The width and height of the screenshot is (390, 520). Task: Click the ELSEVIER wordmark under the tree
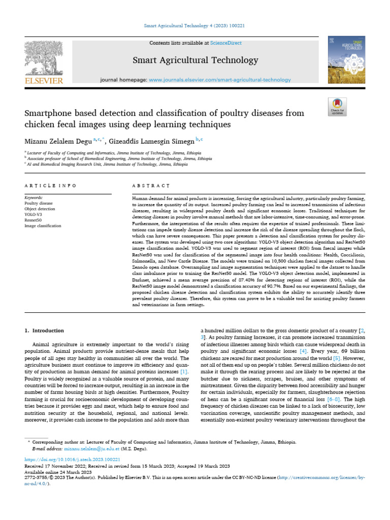[44, 81]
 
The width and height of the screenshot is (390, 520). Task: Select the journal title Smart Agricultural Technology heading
[195, 60]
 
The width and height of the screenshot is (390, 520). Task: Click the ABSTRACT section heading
[151, 186]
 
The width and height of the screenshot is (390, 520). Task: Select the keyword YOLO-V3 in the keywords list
[33, 214]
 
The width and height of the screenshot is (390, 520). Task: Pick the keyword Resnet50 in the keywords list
[34, 220]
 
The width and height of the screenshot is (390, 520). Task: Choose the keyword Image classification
[43, 225]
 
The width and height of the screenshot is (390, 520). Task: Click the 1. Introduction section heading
[45, 331]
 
